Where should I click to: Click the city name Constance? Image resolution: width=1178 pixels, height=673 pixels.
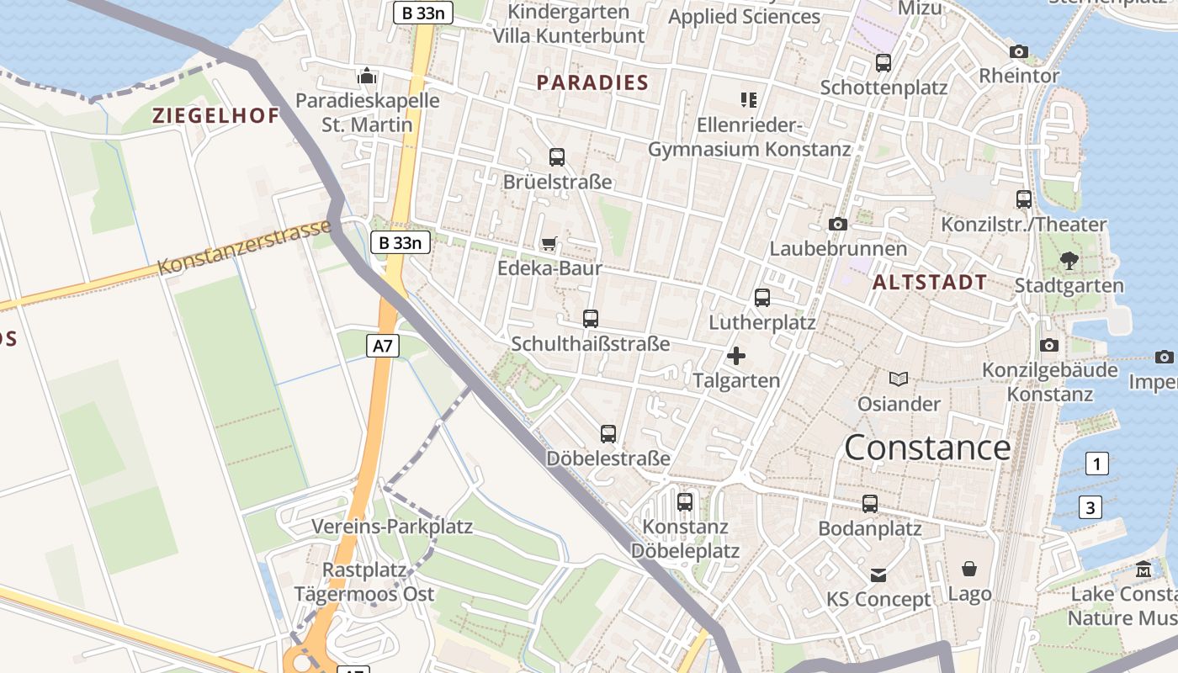927,448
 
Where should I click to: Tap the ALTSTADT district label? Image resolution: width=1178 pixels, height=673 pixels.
930,283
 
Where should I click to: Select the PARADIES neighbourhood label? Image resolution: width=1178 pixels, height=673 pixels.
592,82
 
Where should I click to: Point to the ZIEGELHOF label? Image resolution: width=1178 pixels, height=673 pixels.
215,116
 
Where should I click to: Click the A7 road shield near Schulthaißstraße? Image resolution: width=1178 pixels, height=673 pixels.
383,346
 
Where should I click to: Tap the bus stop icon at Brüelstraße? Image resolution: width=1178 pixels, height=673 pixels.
557,157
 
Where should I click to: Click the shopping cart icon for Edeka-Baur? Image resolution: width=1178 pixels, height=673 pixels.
549,244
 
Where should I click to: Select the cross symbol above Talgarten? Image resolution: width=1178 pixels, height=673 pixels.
736,356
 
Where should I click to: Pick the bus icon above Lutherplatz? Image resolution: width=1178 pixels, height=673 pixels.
762,298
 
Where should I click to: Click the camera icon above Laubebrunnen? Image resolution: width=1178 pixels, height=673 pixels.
838,224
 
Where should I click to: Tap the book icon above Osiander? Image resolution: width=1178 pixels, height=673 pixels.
899,379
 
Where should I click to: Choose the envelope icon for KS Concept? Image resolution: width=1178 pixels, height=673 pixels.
878,575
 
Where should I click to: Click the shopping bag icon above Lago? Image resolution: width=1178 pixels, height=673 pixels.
969,570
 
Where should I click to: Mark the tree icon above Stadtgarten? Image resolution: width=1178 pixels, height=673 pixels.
1069,261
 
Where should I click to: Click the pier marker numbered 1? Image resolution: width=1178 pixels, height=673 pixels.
1096,464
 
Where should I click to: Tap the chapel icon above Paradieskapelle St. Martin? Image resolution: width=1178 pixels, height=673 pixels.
367,77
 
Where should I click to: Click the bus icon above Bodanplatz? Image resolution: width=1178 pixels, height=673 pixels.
870,504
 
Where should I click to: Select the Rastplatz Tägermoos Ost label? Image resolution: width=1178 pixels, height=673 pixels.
364,582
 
